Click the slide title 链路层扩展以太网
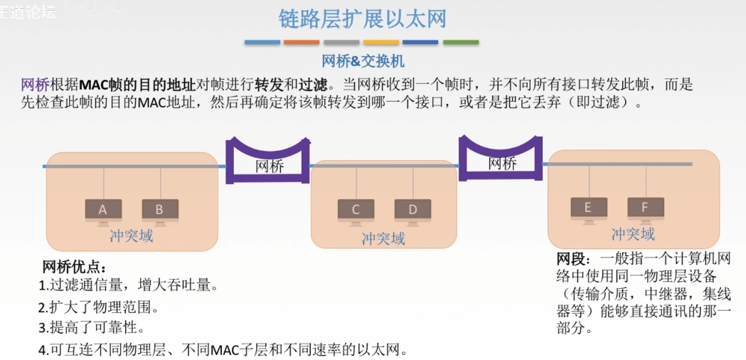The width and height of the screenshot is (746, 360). point(363,18)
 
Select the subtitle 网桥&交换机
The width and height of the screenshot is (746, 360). point(363,61)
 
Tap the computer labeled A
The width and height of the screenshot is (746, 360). point(103,210)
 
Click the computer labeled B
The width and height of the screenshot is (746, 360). point(159,210)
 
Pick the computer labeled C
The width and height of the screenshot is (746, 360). point(356,210)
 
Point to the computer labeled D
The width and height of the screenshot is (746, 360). point(412,210)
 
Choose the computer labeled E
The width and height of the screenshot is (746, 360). point(589,208)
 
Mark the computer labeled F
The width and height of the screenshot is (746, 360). point(645,208)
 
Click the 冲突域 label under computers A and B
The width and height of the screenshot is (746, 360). point(131,235)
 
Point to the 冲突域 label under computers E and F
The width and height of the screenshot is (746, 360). point(633,234)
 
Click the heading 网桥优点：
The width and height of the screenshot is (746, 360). point(75,268)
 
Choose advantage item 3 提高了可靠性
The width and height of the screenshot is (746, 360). point(92,328)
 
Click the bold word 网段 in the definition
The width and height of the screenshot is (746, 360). point(570,258)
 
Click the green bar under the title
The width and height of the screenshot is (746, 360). point(461,43)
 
